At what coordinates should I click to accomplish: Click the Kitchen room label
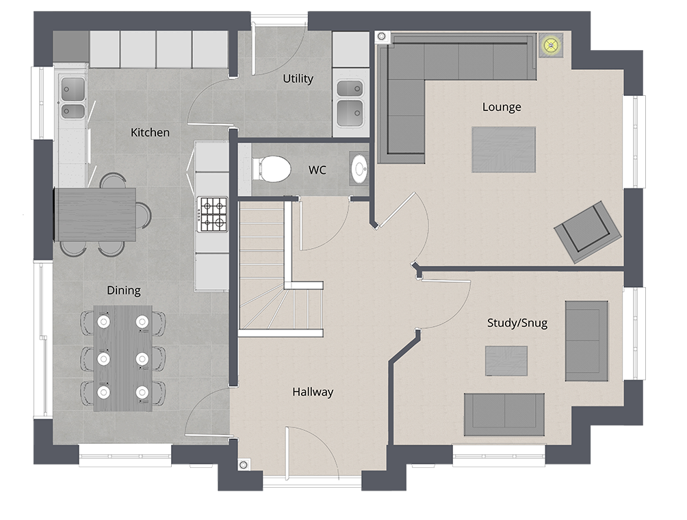[150, 132]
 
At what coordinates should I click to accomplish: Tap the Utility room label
[298, 79]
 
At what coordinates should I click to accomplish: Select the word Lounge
[502, 107]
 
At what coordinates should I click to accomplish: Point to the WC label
[317, 170]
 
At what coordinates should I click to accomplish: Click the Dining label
[124, 290]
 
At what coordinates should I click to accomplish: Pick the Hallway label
[313, 392]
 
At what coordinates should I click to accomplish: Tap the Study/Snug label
[517, 323]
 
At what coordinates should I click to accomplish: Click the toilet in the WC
[272, 169]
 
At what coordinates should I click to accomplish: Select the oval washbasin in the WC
[360, 168]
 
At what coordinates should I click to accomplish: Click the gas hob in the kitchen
[213, 214]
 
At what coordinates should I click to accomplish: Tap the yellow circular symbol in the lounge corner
[551, 45]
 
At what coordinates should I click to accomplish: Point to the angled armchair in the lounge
[588, 232]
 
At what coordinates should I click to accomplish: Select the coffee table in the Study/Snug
[506, 360]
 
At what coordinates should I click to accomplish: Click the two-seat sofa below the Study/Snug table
[504, 414]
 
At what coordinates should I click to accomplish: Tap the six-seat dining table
[123, 358]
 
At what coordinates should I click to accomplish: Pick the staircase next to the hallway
[281, 268]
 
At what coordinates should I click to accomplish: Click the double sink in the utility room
[350, 104]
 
